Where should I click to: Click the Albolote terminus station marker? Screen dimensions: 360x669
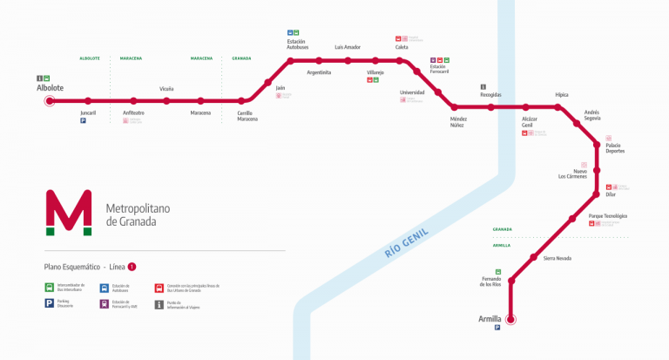pyautogui.click(x=50, y=101)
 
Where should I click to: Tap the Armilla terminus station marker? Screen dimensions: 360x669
pyautogui.click(x=511, y=319)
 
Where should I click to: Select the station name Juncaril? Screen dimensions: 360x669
pyautogui.click(x=88, y=112)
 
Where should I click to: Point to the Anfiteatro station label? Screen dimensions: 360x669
pyautogui.click(x=133, y=112)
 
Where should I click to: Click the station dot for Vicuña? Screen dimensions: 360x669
pyautogui.click(x=166, y=101)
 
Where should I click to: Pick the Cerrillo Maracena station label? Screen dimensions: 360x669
pyautogui.click(x=247, y=116)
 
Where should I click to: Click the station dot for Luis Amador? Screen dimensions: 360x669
pyautogui.click(x=348, y=60)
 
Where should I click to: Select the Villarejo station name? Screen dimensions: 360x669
pyautogui.click(x=375, y=72)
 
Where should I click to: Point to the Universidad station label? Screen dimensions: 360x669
pyautogui.click(x=412, y=92)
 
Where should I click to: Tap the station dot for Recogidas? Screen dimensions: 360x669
pyautogui.click(x=490, y=107)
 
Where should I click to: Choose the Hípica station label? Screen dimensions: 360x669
pyautogui.click(x=561, y=94)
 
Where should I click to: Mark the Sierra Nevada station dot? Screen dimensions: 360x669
pyautogui.click(x=533, y=257)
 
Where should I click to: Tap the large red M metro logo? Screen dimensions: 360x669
pyautogui.click(x=69, y=212)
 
